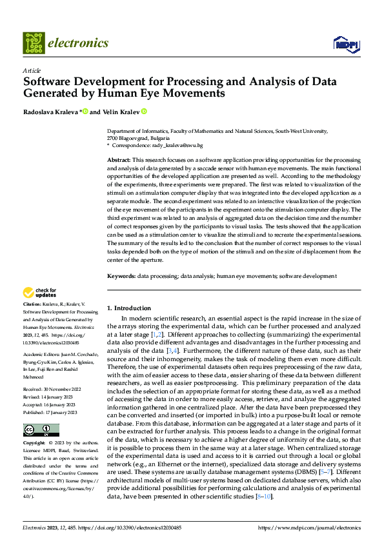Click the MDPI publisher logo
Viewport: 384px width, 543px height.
click(345, 43)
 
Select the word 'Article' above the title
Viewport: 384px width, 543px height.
click(32, 70)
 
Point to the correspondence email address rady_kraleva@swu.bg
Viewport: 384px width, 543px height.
click(177, 146)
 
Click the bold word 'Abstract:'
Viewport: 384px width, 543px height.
click(119, 159)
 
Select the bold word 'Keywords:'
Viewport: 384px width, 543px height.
click(121, 276)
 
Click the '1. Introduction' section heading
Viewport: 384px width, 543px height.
click(129, 308)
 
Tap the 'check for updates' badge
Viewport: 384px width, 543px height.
click(40, 293)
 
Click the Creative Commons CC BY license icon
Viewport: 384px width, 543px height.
click(41, 430)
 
